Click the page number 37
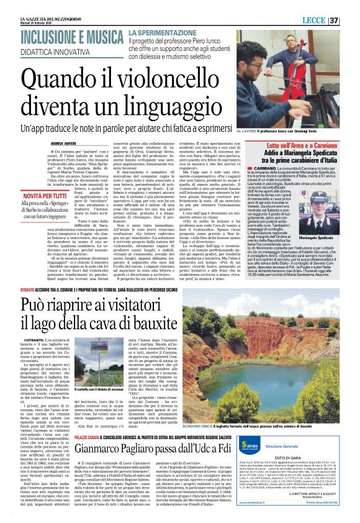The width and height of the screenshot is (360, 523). pyautogui.click(x=351, y=20)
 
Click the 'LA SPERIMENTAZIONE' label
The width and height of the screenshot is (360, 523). pyautogui.click(x=160, y=32)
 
